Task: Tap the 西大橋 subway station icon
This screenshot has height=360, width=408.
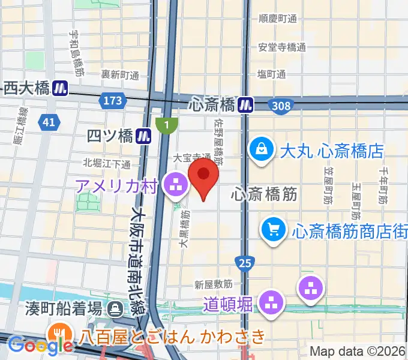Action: [x=59, y=89]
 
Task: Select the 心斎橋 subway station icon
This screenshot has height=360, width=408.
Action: [x=245, y=105]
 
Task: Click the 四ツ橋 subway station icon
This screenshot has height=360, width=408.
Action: [x=142, y=136]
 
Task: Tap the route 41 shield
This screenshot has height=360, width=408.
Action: [x=49, y=122]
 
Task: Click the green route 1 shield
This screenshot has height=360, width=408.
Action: [x=166, y=125]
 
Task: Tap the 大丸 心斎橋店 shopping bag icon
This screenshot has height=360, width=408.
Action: [x=262, y=149]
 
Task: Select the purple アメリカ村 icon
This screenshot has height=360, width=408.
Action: [x=176, y=185]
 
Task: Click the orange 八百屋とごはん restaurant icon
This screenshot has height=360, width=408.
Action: [x=59, y=334]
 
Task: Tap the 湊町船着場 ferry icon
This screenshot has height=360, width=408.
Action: [x=113, y=309]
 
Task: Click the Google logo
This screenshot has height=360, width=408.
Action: [x=40, y=346]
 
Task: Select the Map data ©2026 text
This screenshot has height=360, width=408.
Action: [x=357, y=352]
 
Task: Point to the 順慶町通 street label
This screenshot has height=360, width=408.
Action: [x=278, y=19]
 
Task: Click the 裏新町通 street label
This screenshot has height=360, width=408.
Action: [x=119, y=75]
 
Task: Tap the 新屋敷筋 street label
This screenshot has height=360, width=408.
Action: [x=213, y=283]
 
